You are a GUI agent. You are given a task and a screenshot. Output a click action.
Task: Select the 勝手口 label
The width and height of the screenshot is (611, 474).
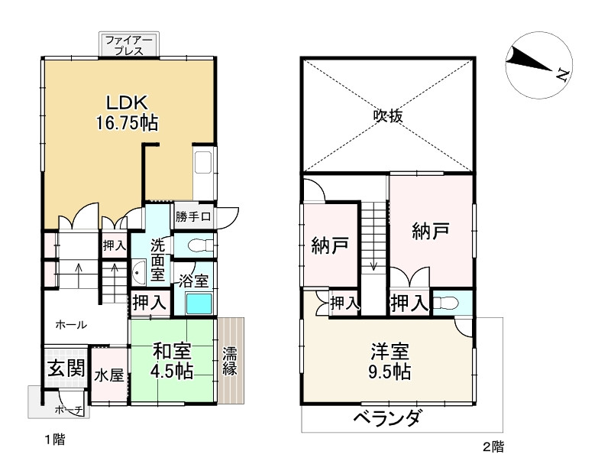[193, 216]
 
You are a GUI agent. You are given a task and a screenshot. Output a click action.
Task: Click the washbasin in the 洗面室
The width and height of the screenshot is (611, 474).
[140, 271]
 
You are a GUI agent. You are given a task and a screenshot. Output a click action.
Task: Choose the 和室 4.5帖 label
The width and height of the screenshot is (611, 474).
[173, 360]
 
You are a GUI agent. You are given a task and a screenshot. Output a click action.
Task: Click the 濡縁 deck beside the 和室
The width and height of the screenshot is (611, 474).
[230, 360]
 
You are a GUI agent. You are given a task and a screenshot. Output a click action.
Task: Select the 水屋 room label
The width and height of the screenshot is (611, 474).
[108, 375]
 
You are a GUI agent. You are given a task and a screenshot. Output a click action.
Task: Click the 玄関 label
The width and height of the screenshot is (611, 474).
[66, 368]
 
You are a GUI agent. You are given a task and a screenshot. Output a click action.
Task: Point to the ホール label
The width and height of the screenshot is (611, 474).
[70, 324]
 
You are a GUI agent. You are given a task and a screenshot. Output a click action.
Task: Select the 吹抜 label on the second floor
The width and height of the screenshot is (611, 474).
[387, 115]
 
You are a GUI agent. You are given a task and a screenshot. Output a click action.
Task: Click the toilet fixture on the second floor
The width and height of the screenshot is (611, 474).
[450, 303]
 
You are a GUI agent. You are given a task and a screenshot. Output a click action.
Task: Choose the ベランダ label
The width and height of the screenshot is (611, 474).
[387, 418]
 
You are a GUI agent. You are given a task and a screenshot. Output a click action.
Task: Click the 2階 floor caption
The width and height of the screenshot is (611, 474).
[493, 446]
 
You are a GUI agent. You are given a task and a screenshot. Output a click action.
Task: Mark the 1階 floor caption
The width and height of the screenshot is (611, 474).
[53, 440]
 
